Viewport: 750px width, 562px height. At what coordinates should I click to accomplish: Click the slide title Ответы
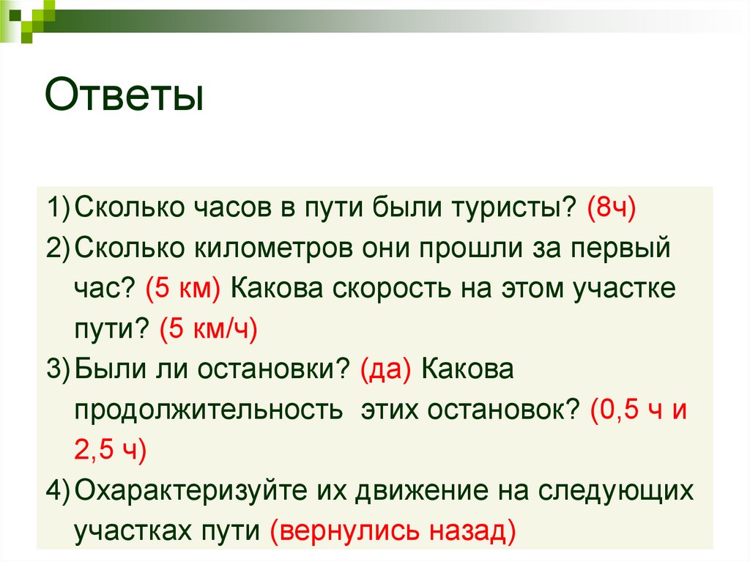tap(124, 96)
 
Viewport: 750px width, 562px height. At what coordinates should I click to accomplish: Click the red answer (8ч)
tap(611, 208)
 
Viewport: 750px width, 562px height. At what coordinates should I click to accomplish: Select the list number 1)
tap(58, 208)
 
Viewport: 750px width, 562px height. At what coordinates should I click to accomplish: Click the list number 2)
tap(58, 248)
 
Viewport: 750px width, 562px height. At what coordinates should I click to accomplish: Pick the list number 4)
tap(58, 489)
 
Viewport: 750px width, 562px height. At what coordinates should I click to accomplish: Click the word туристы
tap(505, 208)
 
